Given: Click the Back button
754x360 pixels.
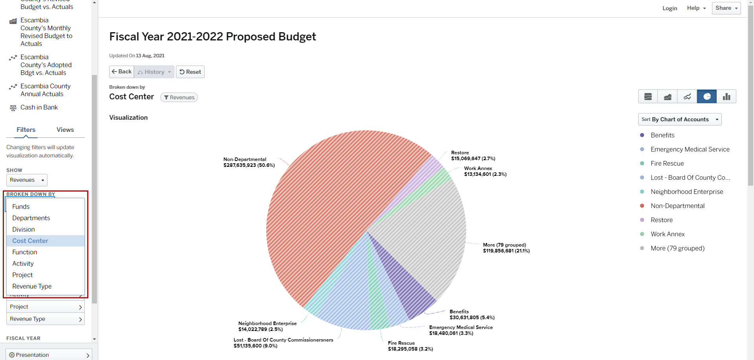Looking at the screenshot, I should [x=121, y=72].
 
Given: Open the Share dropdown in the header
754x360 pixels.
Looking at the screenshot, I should [x=726, y=8].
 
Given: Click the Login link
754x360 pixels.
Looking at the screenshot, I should [x=670, y=8].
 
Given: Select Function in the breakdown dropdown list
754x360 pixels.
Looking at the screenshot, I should [x=25, y=252].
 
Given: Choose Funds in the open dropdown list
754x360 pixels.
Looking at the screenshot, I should [x=21, y=206].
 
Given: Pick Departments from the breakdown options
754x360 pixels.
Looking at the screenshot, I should [x=31, y=218].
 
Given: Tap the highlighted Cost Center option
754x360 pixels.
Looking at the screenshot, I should [x=30, y=241].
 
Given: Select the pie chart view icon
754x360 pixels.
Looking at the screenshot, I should [x=706, y=97].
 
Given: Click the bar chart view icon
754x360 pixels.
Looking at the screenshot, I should [x=726, y=97].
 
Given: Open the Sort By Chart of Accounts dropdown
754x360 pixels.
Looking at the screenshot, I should [x=680, y=119].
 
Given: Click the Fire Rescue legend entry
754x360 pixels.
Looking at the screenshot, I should [x=667, y=163].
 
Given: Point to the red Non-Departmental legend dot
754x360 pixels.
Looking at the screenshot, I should [x=642, y=206].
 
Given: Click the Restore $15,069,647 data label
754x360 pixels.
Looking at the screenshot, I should [x=473, y=156].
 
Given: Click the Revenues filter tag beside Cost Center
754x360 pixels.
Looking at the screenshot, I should [x=179, y=97].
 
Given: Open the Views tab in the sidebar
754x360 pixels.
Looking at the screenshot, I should [x=65, y=130].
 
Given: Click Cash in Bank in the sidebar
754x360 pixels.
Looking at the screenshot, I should [x=39, y=108].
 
